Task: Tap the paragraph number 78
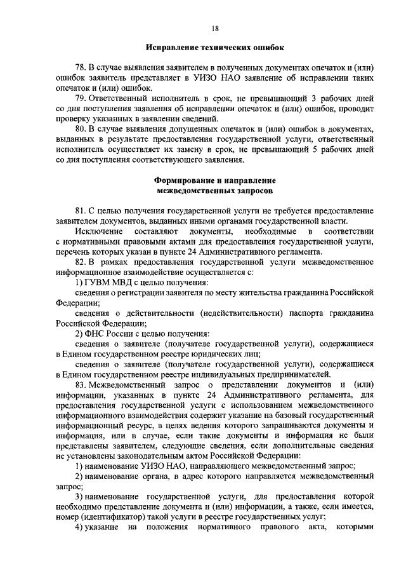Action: tap(80, 67)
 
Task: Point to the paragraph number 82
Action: tap(80, 262)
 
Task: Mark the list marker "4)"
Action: tap(79, 528)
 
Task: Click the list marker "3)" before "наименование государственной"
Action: tap(79, 497)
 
